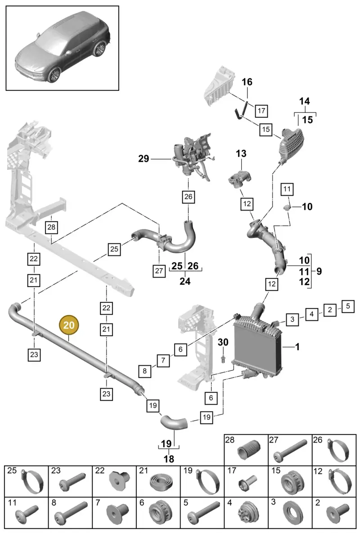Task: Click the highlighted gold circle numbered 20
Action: [x=69, y=325]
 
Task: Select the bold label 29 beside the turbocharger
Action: [x=144, y=159]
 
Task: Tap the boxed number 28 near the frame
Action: [x=51, y=227]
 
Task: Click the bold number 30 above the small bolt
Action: [x=223, y=342]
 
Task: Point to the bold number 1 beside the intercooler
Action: [x=297, y=347]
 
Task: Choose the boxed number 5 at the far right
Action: [x=348, y=306]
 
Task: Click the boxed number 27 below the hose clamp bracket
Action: [x=159, y=271]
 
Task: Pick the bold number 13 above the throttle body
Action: [x=241, y=153]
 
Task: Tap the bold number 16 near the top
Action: [x=247, y=82]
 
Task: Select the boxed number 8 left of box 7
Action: [x=144, y=371]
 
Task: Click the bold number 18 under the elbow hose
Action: [x=169, y=459]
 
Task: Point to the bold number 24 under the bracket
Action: [x=185, y=281]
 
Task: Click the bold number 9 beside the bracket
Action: [x=319, y=271]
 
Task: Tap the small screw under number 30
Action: [x=223, y=359]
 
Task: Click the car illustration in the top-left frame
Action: [x=63, y=47]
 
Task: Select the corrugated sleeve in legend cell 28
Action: [x=249, y=450]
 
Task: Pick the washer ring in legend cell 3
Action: [x=292, y=514]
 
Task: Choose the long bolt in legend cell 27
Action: [x=290, y=451]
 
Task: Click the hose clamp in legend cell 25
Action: [x=32, y=482]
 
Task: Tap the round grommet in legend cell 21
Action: [x=161, y=483]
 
